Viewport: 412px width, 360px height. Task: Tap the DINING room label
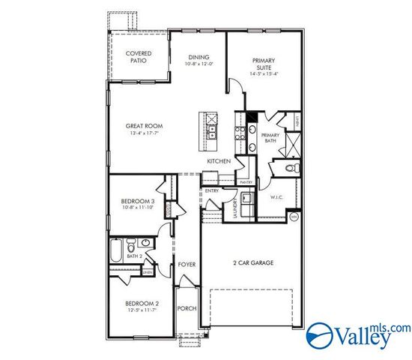pos(199,57)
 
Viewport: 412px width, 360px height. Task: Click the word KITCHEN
pos(218,160)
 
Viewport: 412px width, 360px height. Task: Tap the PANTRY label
pos(245,181)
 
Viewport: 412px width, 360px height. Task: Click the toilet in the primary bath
pos(294,167)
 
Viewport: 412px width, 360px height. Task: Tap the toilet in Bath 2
pos(132,244)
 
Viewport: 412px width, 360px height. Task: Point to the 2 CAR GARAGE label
pos(252,262)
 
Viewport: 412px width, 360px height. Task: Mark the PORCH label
pos(186,308)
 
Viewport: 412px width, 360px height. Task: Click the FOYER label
pos(187,265)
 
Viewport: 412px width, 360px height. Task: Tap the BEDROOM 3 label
pos(138,201)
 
